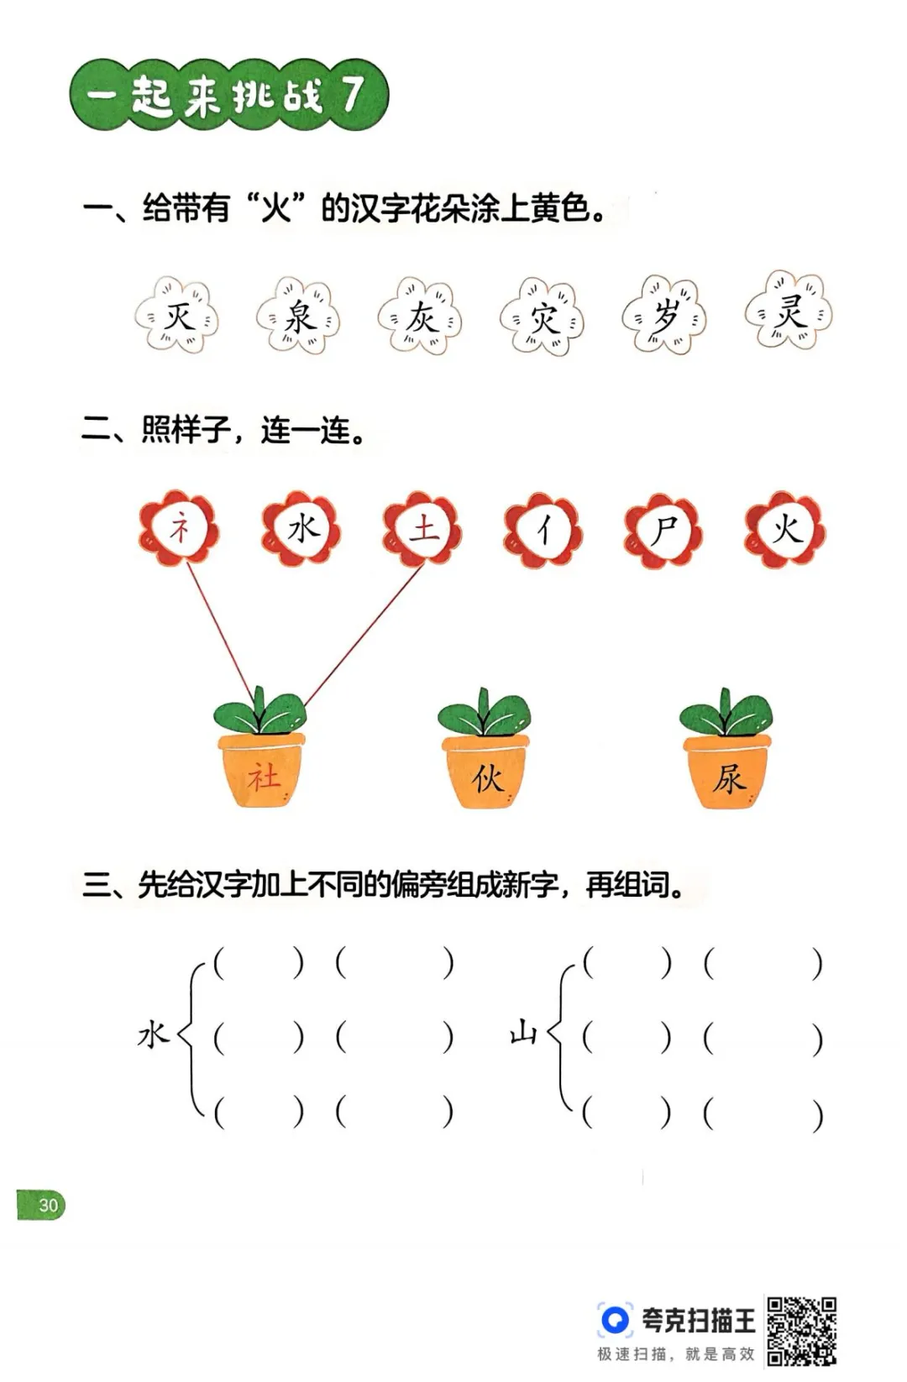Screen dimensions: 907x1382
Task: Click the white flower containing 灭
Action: [177, 315]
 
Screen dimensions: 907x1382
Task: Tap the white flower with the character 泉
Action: [299, 315]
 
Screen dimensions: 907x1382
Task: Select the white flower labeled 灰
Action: [420, 315]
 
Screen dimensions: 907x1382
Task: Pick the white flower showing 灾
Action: [543, 315]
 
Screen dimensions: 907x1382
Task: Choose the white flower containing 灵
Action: [789, 311]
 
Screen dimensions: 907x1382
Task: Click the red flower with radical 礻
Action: [179, 528]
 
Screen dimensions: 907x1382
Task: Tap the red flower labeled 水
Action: [301, 529]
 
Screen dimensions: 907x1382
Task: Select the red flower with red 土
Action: [422, 529]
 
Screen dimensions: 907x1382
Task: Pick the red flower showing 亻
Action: [543, 530]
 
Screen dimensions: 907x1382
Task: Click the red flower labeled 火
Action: [785, 529]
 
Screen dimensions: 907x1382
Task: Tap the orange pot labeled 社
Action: [262, 769]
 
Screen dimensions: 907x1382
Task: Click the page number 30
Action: [48, 1205]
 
